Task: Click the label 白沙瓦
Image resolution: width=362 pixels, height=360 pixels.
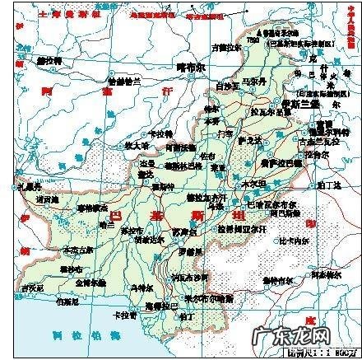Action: click(225, 86)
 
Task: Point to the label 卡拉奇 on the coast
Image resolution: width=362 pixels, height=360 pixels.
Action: click(125, 314)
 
